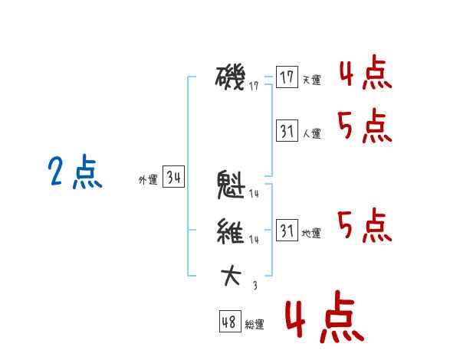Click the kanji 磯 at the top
[x=231, y=77]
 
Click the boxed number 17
[x=287, y=77]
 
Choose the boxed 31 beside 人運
[x=287, y=131]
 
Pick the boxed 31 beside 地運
[x=287, y=231]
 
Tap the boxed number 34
[x=173, y=178]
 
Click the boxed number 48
[x=229, y=322]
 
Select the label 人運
[x=311, y=134]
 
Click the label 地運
[x=311, y=234]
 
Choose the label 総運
[x=255, y=325]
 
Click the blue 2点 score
[x=74, y=172]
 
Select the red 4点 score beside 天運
[x=365, y=74]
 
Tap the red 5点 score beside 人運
[x=365, y=126]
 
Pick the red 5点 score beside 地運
[x=365, y=226]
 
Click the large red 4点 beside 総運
[x=324, y=319]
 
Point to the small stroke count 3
[x=255, y=286]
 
